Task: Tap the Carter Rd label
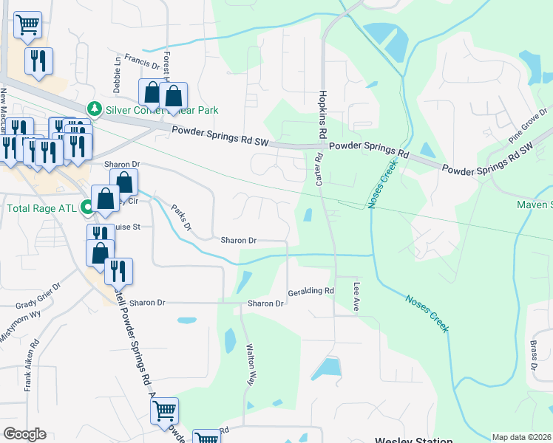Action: point(319,168)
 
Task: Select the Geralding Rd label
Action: point(311,291)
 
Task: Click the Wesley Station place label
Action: point(413,440)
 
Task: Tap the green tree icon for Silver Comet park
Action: point(95,109)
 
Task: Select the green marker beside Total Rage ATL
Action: point(88,208)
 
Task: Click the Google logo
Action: point(25,434)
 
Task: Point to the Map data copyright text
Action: point(521,437)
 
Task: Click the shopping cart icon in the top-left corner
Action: point(27,24)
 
